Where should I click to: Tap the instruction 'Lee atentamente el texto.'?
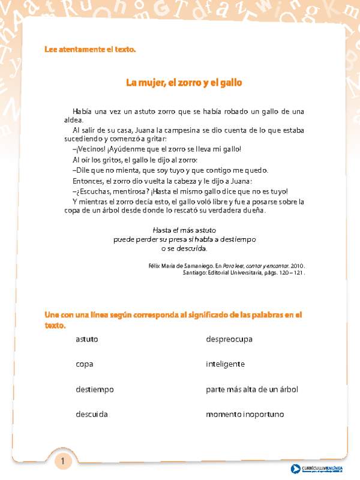91,49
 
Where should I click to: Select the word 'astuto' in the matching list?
87,340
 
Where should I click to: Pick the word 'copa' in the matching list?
85,364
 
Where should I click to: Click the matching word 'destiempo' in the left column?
95,389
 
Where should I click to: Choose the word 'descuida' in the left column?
92,415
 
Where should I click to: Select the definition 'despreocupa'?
229,340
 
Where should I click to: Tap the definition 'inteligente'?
225,364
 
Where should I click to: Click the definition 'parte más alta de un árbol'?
252,389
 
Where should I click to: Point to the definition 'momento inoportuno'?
245,415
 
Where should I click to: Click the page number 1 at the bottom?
63,461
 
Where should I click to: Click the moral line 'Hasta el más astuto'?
185,230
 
